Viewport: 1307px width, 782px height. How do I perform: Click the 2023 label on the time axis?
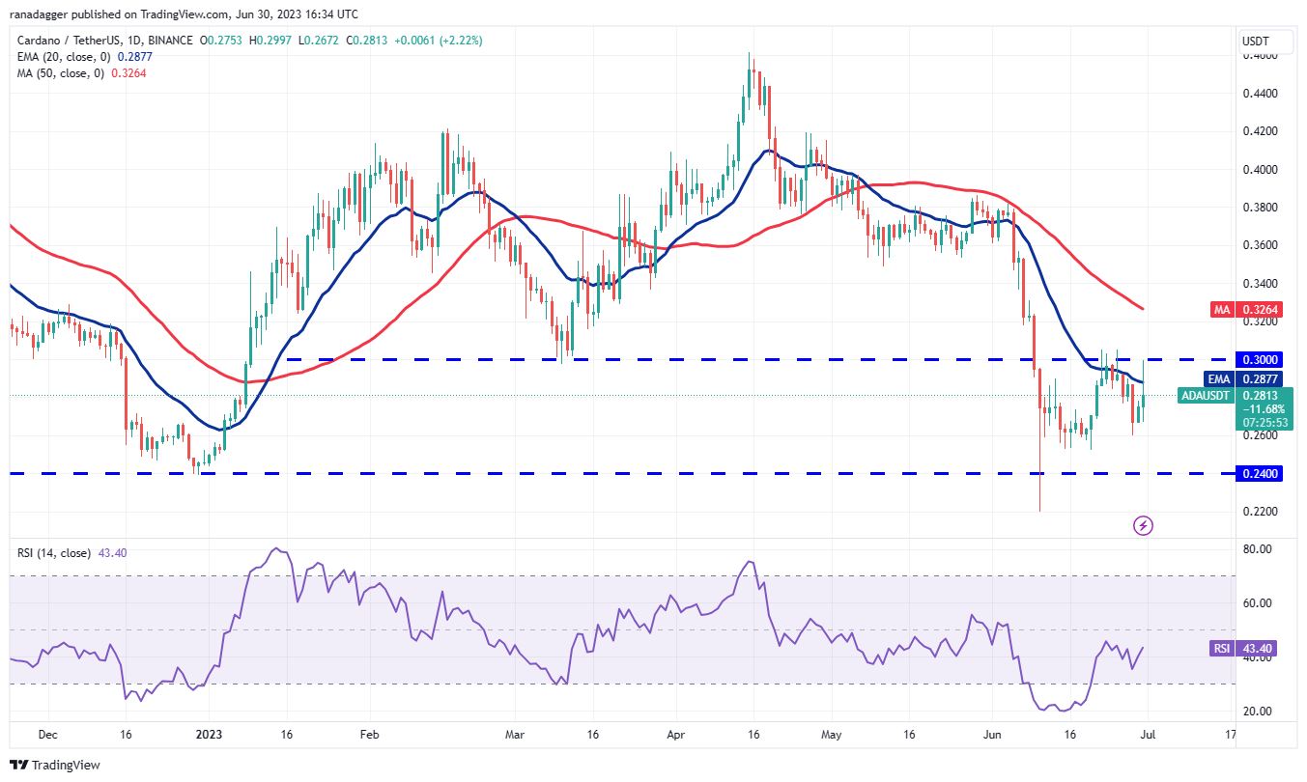(x=209, y=735)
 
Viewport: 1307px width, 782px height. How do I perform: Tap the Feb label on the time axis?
(x=369, y=735)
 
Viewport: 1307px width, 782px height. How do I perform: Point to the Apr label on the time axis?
(x=675, y=735)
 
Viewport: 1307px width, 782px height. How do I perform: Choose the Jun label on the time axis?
(x=992, y=735)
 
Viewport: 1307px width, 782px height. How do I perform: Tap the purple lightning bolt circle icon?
(x=1143, y=525)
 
